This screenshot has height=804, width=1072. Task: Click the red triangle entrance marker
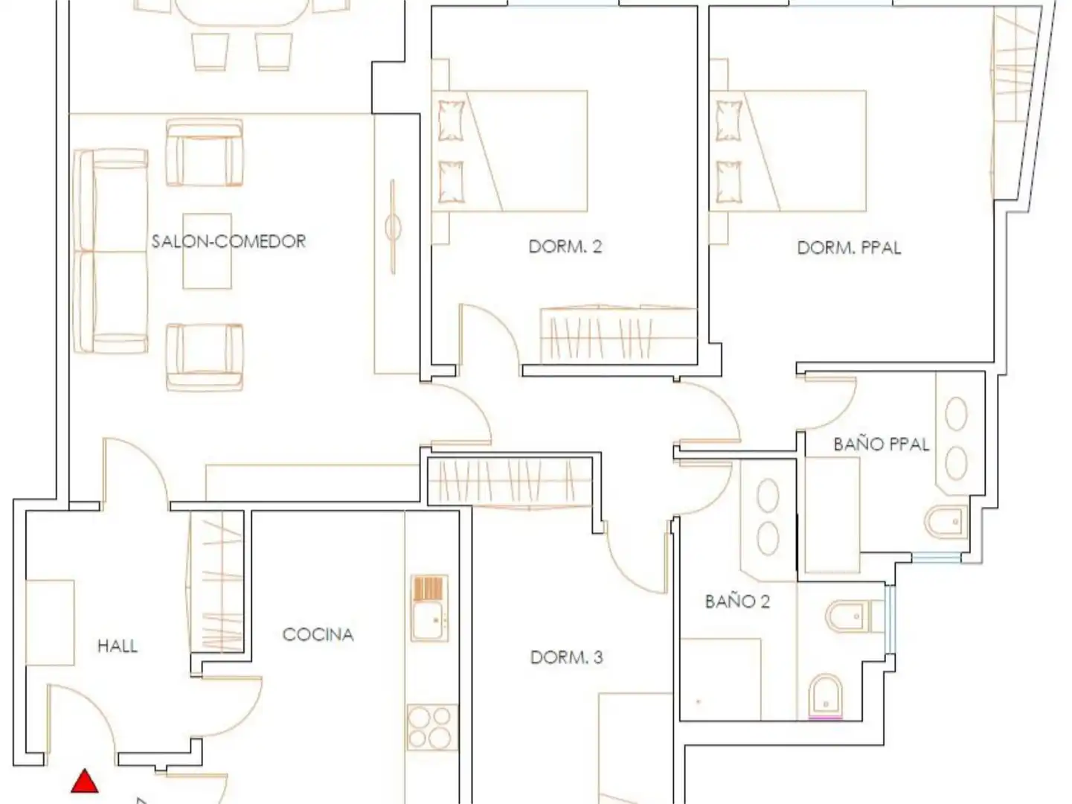point(85,782)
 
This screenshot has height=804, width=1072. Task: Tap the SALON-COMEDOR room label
point(228,241)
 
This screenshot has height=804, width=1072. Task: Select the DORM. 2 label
point(565,246)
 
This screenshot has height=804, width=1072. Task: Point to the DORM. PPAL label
point(849,248)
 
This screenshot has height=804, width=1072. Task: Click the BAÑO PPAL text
point(881,444)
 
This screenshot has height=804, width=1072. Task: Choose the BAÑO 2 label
point(737,601)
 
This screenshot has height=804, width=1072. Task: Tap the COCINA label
point(318,634)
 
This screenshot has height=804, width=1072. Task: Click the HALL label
point(118,646)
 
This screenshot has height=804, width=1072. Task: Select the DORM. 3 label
point(567,657)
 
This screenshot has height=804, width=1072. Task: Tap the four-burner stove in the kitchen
point(432,727)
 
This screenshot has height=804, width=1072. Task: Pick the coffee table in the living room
point(207,251)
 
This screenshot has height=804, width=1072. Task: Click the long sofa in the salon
point(110,251)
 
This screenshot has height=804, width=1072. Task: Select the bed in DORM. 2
point(510,151)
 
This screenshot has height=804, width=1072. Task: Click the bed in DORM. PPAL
point(789,151)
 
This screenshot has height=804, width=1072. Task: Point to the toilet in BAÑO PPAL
point(946,522)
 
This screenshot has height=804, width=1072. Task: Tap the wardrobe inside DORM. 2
point(619,336)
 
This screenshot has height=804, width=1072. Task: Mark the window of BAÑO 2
point(890,619)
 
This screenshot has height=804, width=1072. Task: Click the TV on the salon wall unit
point(393,227)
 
